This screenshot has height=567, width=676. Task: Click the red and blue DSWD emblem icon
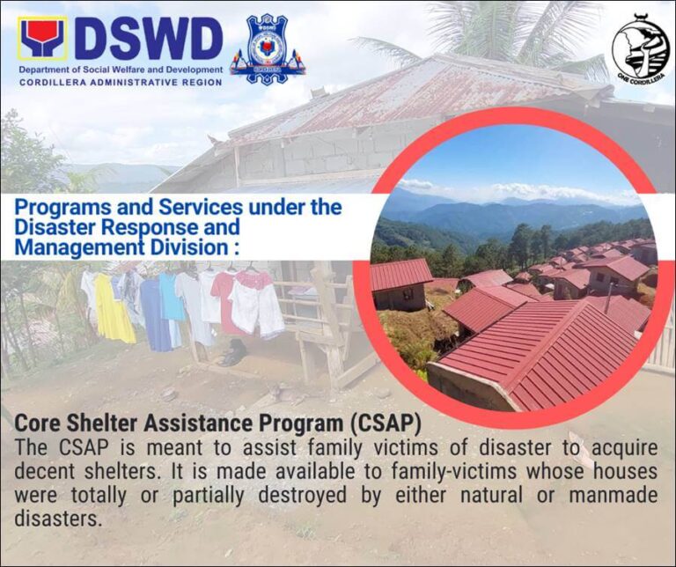click(42, 39)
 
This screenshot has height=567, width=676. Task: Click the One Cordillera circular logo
click(641, 48)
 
